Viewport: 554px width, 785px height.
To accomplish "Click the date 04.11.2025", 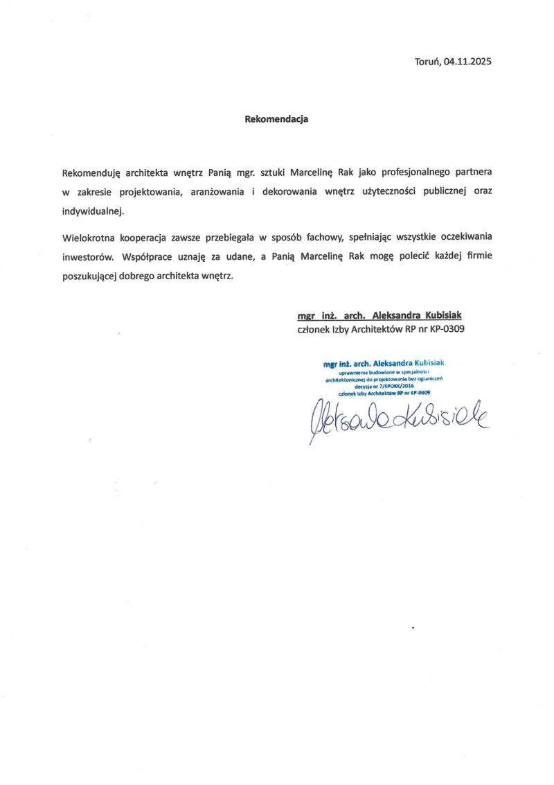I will [468, 62].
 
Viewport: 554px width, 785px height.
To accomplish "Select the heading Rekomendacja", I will [276, 118].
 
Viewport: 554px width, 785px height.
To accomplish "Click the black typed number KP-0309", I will [447, 330].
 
